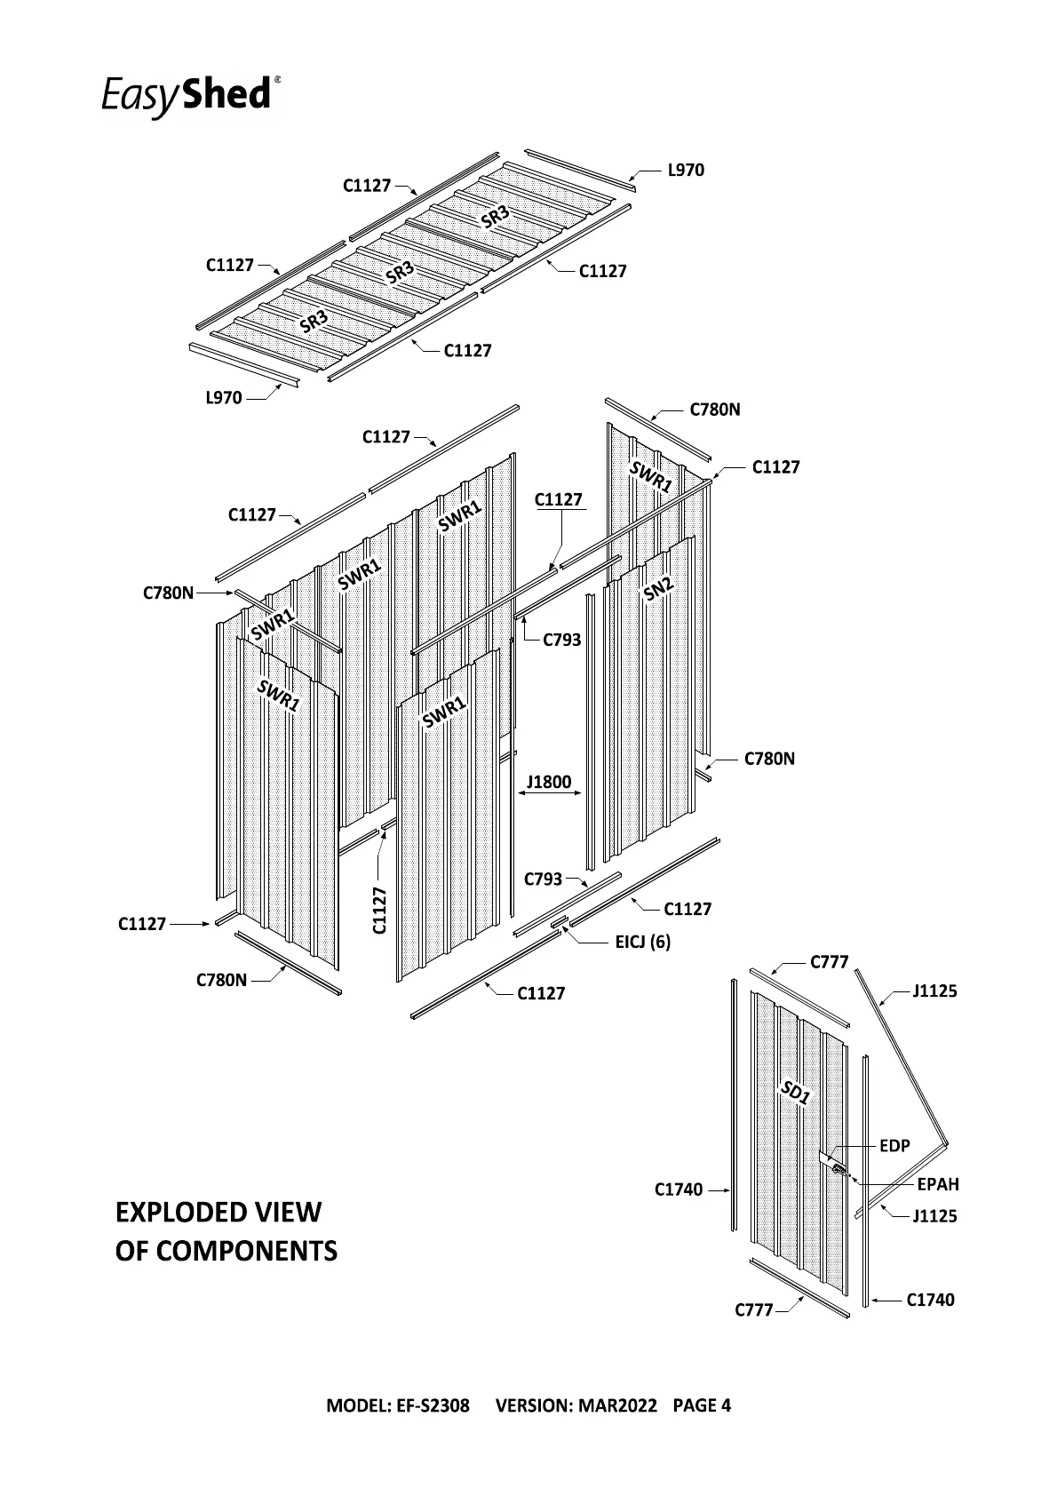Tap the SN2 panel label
659,587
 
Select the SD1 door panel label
796,1093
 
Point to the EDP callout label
894,1146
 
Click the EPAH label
938,1184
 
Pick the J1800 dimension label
549,783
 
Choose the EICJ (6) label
643,942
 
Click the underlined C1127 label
559,500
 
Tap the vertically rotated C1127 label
380,910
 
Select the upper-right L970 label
686,171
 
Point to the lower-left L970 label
224,398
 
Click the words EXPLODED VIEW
219,1213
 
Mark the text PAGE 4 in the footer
702,1405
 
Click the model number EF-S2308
433,1405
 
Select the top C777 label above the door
830,962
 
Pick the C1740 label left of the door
679,1190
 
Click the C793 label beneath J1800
543,879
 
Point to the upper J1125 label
934,991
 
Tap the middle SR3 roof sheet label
401,273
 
